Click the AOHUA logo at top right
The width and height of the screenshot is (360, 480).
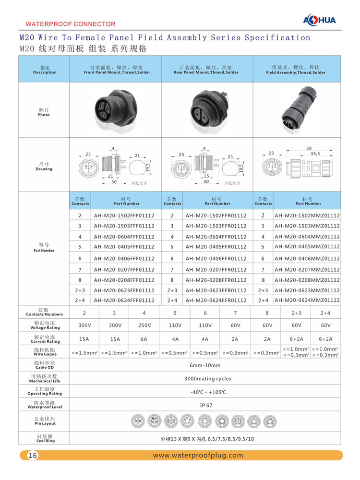[320, 20]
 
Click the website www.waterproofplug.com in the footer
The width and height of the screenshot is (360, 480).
[198, 456]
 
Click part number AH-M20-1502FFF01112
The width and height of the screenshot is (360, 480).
[124, 216]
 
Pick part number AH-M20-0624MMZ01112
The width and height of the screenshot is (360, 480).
[307, 300]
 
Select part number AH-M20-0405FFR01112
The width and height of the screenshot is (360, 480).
[216, 247]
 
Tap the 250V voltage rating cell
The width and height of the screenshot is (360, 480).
[144, 325]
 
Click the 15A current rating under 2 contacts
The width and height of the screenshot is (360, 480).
[84, 338]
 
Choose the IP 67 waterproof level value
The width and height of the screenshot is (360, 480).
[206, 405]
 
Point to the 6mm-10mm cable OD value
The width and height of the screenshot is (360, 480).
[206, 366]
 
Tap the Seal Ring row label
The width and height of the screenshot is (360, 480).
[44, 439]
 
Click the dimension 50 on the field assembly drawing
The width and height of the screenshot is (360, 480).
[309, 148]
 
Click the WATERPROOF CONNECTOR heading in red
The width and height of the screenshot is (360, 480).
[70, 24]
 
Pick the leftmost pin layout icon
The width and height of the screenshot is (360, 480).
[138, 422]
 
